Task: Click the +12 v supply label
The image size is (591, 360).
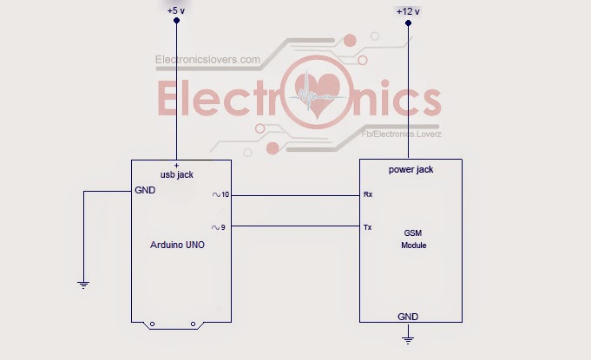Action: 407,11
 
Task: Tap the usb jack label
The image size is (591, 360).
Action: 177,174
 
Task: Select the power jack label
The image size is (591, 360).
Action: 410,170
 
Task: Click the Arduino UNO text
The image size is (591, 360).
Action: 178,245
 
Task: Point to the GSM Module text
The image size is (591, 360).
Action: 414,239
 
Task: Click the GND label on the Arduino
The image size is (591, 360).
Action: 144,190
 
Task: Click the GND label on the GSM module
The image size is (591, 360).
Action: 408,317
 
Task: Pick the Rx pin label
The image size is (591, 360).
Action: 367,195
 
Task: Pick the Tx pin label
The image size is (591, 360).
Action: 367,227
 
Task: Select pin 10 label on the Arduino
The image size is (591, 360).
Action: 221,195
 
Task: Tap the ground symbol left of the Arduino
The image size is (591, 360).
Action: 83,283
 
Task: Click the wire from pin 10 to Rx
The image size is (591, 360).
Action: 295,195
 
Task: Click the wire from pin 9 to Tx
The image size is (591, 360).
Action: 295,227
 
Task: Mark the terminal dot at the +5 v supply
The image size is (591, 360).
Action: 177,20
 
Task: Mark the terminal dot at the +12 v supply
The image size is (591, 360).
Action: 408,23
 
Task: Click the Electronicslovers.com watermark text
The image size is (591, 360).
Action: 207,60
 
